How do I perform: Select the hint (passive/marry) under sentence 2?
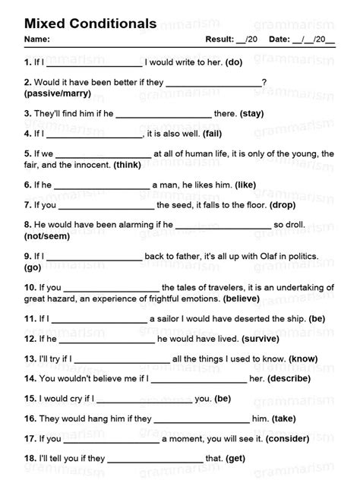[x=58, y=93]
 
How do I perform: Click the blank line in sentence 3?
[x=163, y=115]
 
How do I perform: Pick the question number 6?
[x=27, y=185]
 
